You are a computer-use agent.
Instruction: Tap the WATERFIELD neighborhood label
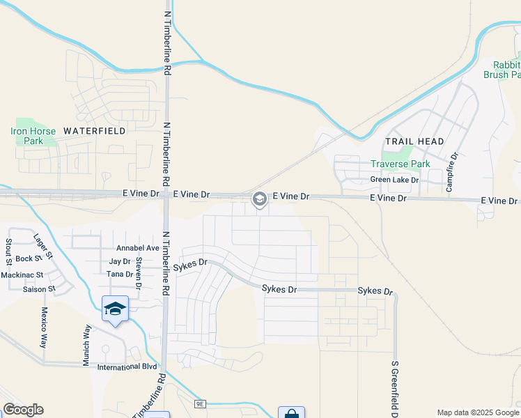pos(95,130)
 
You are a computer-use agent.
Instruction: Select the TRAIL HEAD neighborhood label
pos(414,141)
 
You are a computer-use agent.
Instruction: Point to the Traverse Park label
pos(400,164)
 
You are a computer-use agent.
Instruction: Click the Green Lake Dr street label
pos(394,180)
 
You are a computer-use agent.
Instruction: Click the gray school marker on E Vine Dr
pos(259,200)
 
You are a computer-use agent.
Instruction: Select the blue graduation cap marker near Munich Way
pos(115,309)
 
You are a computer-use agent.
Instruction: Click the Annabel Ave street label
pos(138,248)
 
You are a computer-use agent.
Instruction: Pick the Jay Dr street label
pos(120,261)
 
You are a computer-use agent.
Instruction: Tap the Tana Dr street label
pos(120,274)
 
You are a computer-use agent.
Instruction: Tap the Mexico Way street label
pos(43,327)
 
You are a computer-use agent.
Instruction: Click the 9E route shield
pos(201,403)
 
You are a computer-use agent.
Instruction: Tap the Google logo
pos(23,410)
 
